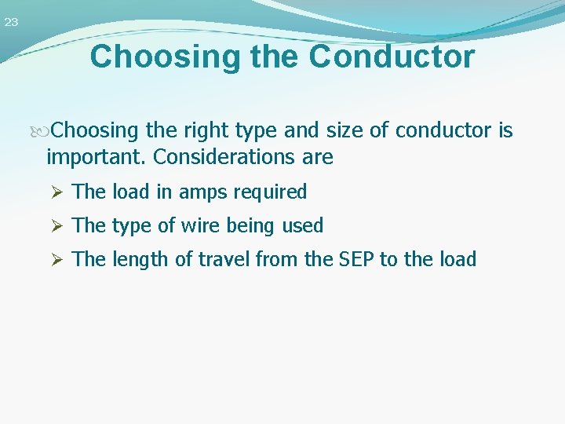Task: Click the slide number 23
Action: click(x=11, y=23)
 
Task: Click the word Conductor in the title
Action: click(x=392, y=57)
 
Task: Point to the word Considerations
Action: click(x=224, y=157)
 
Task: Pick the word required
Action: click(x=268, y=192)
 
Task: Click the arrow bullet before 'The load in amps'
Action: click(x=55, y=192)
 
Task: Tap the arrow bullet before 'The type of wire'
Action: click(x=55, y=226)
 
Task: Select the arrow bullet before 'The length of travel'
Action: click(x=55, y=259)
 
